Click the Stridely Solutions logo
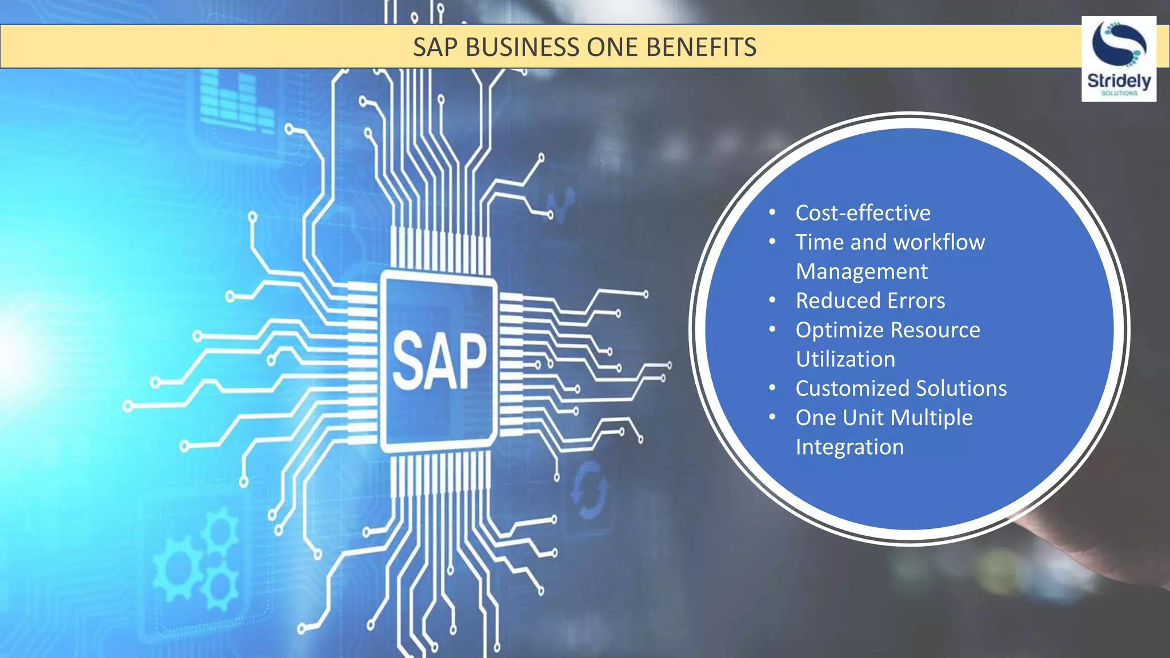pyautogui.click(x=1119, y=59)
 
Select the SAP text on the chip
pyautogui.click(x=439, y=362)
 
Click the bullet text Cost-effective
pyautogui.click(x=863, y=213)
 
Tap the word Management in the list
pyautogui.click(x=862, y=272)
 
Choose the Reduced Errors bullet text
pyautogui.click(x=870, y=301)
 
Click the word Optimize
pyautogui.click(x=839, y=330)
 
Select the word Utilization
pyautogui.click(x=846, y=359)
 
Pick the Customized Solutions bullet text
pyautogui.click(x=901, y=388)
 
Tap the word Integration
pyautogui.click(x=850, y=447)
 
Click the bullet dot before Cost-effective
pyautogui.click(x=772, y=212)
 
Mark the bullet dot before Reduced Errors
pyautogui.click(x=772, y=300)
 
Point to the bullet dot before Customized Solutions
pyautogui.click(x=772, y=388)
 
